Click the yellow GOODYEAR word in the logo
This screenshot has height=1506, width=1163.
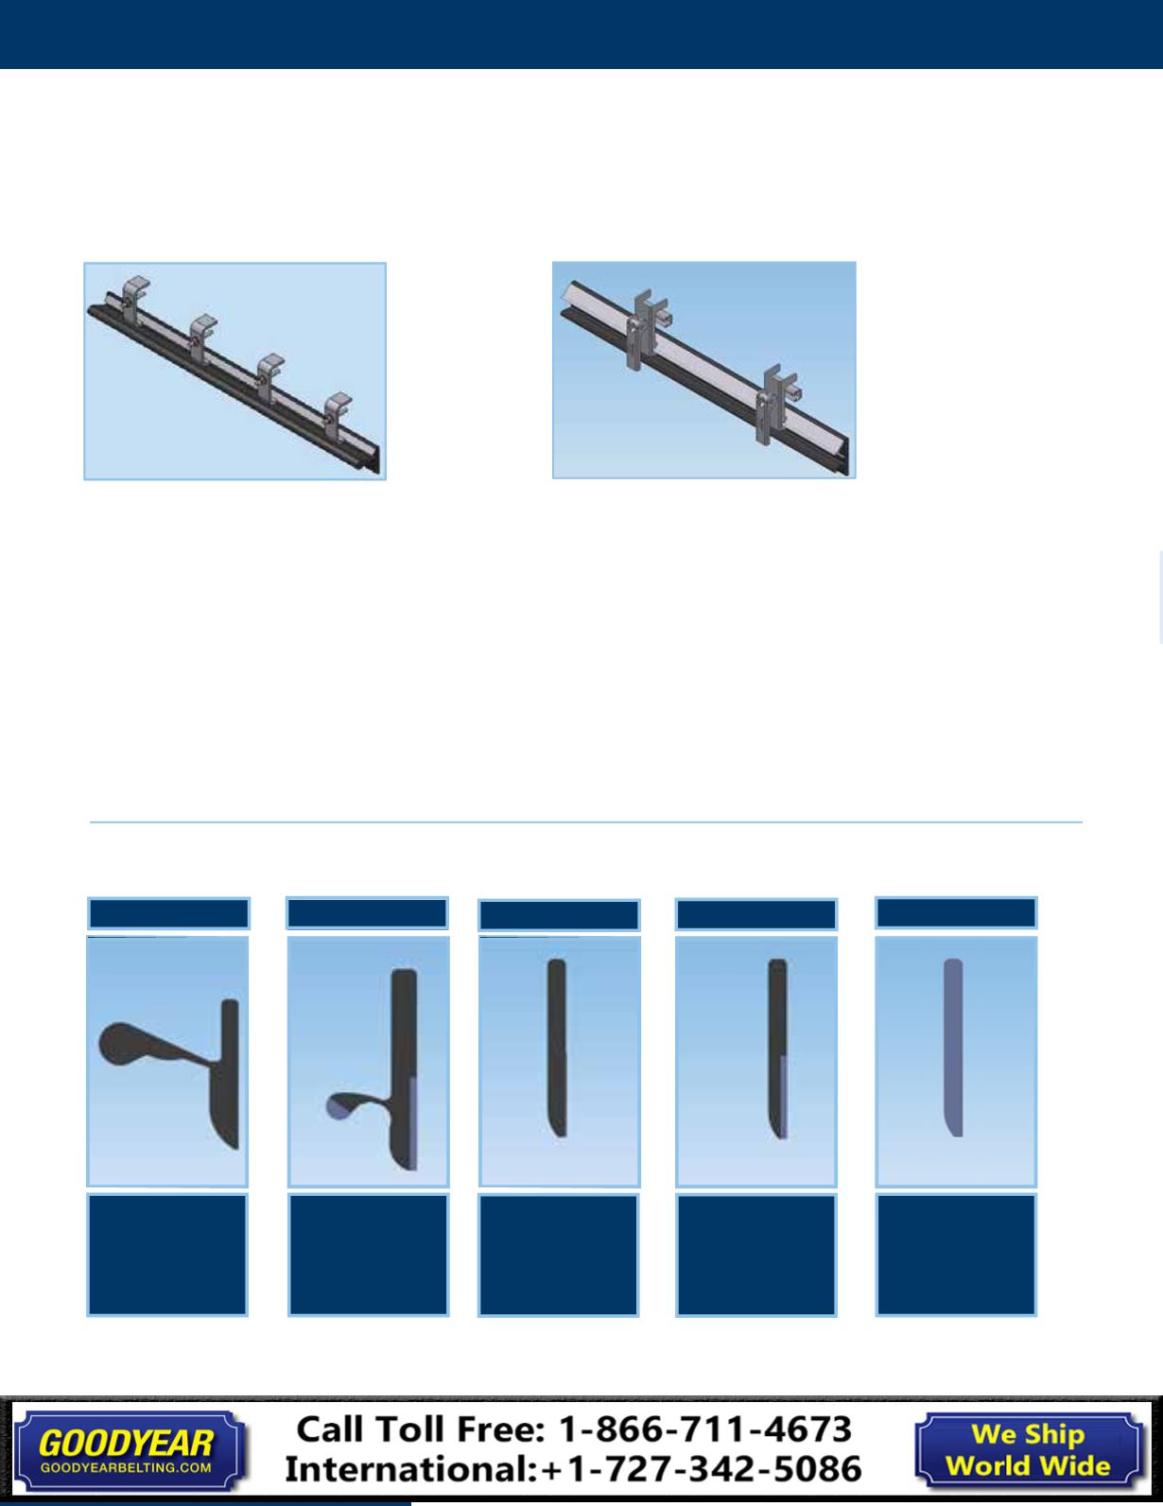point(126,1444)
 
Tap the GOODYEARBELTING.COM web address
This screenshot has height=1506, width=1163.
point(126,1468)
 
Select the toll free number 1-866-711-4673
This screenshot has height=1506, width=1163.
point(704,1429)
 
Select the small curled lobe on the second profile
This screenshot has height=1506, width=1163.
point(341,1105)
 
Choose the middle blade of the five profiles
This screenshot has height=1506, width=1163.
point(557,1047)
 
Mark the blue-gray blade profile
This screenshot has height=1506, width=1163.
point(954,1047)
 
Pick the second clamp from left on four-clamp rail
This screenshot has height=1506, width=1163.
point(202,333)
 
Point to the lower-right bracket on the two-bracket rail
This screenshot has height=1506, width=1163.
point(776,404)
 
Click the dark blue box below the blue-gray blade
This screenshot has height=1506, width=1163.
point(957,1255)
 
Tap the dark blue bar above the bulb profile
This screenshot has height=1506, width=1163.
point(169,913)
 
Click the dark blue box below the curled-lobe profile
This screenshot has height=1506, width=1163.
point(369,1255)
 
